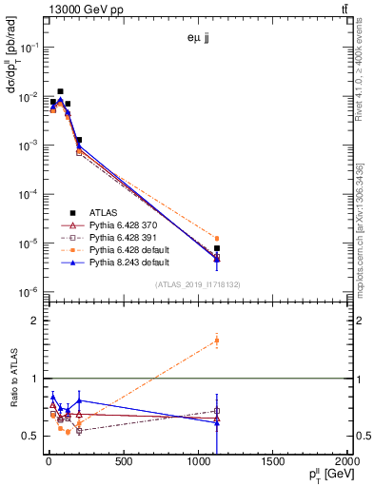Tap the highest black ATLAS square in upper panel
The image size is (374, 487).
pyautogui.click(x=61, y=91)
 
